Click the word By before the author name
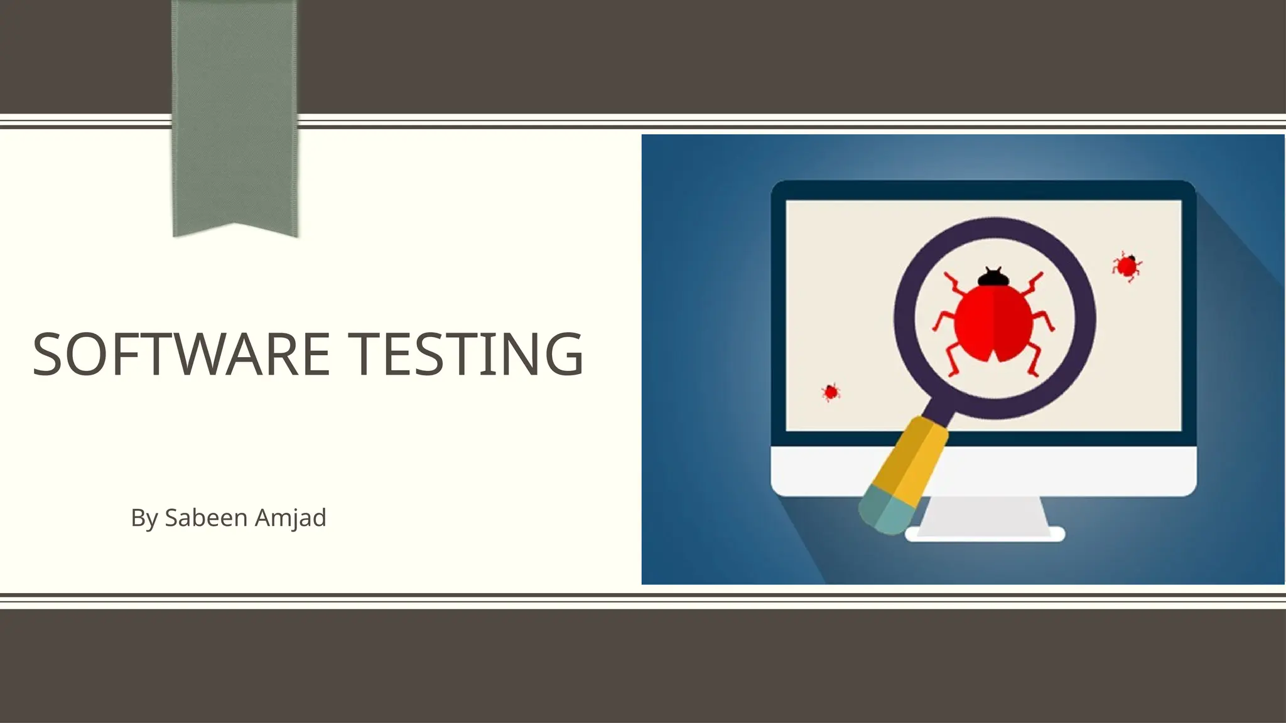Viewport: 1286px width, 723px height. click(144, 518)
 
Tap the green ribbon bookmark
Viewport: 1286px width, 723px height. click(234, 113)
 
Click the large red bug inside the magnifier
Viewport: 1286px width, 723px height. click(993, 323)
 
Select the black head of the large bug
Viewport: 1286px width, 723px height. click(993, 277)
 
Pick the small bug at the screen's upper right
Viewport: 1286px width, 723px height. click(1127, 266)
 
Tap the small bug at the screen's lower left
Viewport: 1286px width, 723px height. click(831, 392)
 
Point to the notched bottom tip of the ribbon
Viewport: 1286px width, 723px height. click(235, 227)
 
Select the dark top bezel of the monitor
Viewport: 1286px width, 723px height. click(983, 190)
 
